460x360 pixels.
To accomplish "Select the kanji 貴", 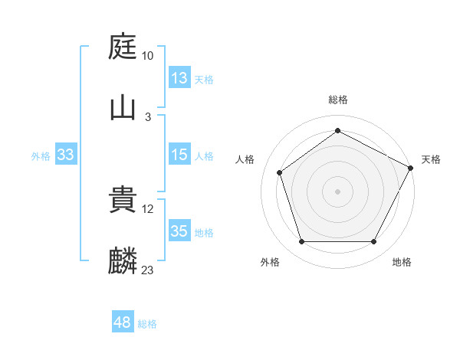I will point(123,201).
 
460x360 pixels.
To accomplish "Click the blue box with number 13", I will point(179,78).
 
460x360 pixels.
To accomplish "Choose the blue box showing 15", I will point(179,155).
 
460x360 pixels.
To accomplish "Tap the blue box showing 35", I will point(179,231).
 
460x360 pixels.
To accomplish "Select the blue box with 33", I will point(66,155).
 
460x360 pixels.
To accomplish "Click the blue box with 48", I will point(123,323).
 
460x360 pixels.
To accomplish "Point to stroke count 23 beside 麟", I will point(148,270).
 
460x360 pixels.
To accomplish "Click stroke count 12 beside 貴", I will point(148,209).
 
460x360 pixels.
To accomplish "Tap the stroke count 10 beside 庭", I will point(148,56).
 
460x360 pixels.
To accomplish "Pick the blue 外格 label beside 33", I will point(41,155).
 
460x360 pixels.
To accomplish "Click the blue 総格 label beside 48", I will point(147,324).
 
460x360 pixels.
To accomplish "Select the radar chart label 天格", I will point(431,159).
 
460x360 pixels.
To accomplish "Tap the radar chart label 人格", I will point(245,159).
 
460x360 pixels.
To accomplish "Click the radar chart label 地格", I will point(402,262).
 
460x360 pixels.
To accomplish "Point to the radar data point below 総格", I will point(337,130).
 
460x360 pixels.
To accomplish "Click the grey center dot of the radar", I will point(337,191).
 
